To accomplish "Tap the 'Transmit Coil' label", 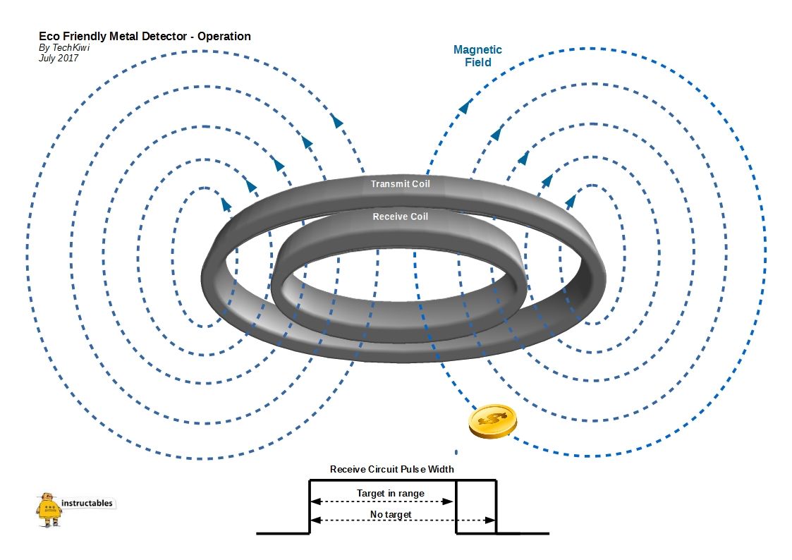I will [x=400, y=184].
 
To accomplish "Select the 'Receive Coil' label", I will [x=400, y=217].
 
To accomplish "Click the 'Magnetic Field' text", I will [x=477, y=56].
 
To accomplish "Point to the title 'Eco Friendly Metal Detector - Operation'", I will [x=145, y=36].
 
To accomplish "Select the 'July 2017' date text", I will [x=59, y=59].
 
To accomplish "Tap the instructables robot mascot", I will [x=49, y=509].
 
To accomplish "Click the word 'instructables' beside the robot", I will [x=87, y=504].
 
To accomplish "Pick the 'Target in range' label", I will [x=390, y=494].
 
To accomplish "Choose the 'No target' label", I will [x=390, y=515].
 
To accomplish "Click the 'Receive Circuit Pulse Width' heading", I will [x=392, y=469].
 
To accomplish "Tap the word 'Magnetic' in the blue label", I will [x=477, y=50].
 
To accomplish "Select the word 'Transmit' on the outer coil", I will [x=387, y=184].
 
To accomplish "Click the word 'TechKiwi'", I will [x=71, y=48].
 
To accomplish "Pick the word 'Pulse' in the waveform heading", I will [x=415, y=469].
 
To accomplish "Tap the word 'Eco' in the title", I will [x=48, y=36].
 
